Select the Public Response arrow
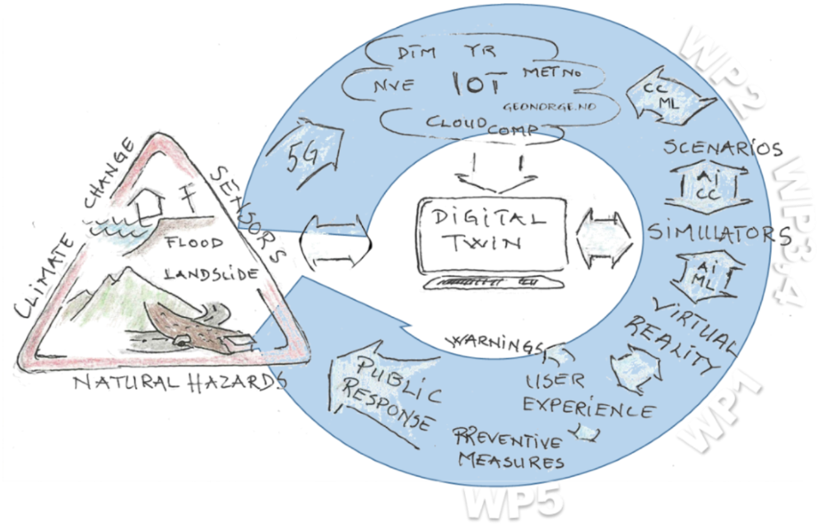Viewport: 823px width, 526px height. pos(386,391)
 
